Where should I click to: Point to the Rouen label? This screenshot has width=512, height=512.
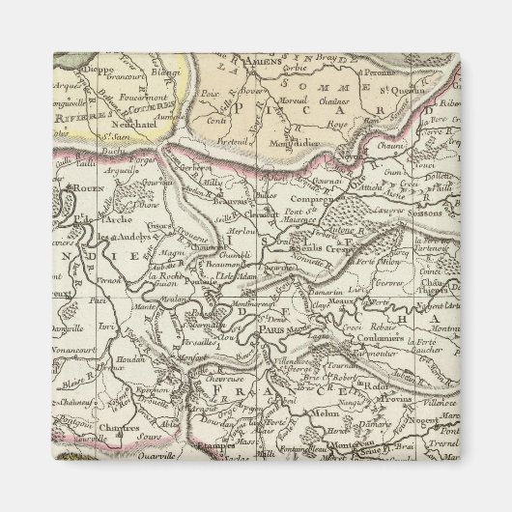74,189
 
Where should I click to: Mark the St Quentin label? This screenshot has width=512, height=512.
417,92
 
